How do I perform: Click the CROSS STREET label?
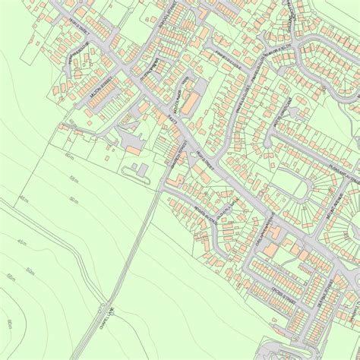tap(285, 296)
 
